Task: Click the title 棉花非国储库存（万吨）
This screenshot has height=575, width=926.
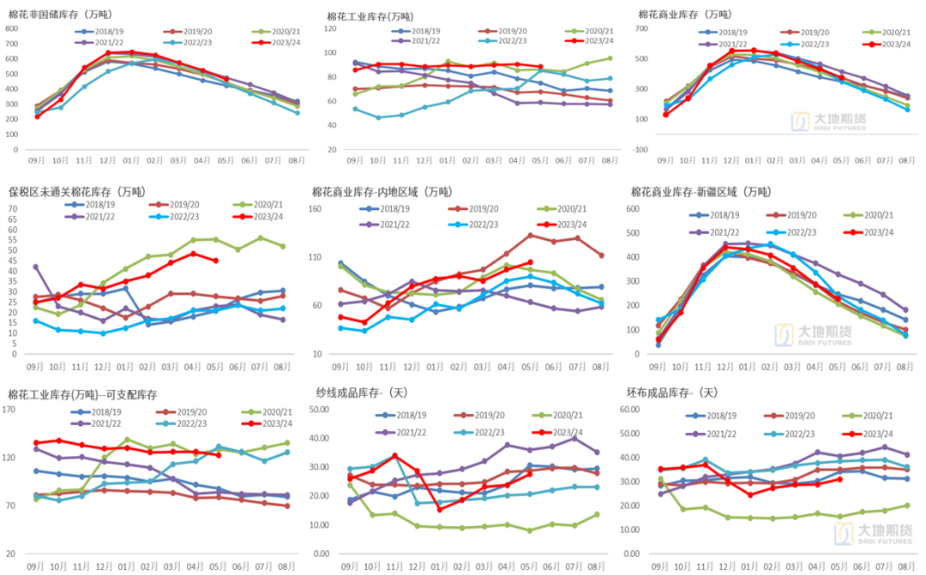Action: (x=60, y=15)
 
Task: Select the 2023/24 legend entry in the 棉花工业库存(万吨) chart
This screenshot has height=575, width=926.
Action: (x=598, y=41)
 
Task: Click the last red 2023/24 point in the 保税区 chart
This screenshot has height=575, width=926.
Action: (x=215, y=261)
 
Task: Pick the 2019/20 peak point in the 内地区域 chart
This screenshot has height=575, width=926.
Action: (x=531, y=235)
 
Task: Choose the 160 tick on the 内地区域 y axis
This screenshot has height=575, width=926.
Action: (x=314, y=209)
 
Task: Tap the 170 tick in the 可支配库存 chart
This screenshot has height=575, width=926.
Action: (x=11, y=410)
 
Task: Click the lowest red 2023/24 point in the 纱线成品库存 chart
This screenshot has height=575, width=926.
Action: (x=440, y=509)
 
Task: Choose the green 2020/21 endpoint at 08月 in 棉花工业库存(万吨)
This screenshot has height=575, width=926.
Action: (x=610, y=58)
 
